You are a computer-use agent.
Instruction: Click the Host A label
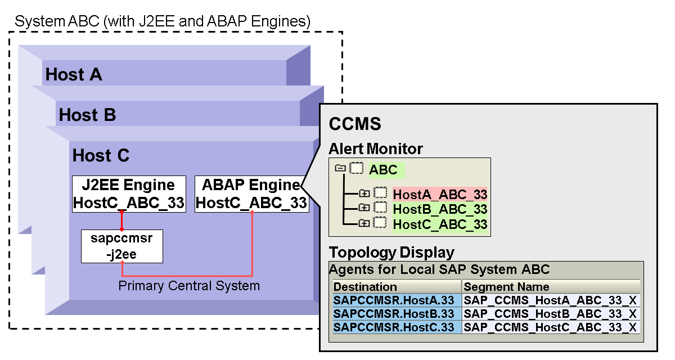pos(74,74)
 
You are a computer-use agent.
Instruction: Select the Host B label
pos(87,115)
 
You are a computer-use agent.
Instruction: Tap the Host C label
pos(101,155)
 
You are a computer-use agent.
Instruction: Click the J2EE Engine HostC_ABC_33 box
pos(129,194)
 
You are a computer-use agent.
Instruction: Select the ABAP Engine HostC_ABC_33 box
pos(251,194)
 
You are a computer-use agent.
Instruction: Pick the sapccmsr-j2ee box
pos(122,246)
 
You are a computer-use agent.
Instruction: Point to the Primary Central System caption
pos(189,286)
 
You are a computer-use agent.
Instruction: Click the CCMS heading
pos(355,124)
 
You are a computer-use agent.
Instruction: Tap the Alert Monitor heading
pos(376,149)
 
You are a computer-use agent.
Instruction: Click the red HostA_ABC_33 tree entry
pos(440,195)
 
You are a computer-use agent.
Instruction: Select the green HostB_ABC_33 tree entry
pos(440,209)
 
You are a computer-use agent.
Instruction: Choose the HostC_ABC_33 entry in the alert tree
pos(440,224)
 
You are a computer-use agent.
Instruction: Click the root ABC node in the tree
pos(384,170)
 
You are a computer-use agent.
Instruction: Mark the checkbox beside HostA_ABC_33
pos(381,194)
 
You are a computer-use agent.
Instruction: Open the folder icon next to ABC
pos(340,168)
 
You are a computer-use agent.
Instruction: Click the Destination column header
pos(366,287)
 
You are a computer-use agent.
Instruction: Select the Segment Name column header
pos(506,287)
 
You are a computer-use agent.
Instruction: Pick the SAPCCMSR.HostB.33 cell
pos(394,314)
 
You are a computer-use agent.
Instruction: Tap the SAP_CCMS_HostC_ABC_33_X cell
pos(551,327)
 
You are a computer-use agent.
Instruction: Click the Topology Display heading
pos(391,252)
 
